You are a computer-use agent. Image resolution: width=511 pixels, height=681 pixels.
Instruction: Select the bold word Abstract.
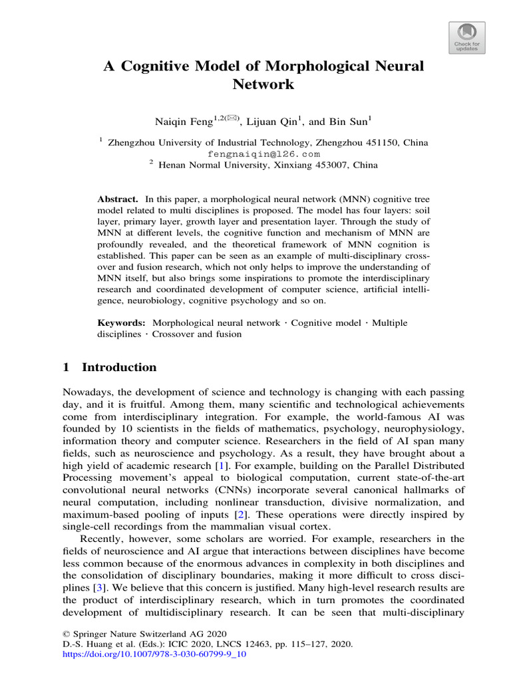[117, 200]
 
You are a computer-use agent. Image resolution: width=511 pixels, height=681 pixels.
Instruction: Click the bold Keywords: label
[122, 323]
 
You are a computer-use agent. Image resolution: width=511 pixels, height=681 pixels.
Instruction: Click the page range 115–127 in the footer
[297, 644]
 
